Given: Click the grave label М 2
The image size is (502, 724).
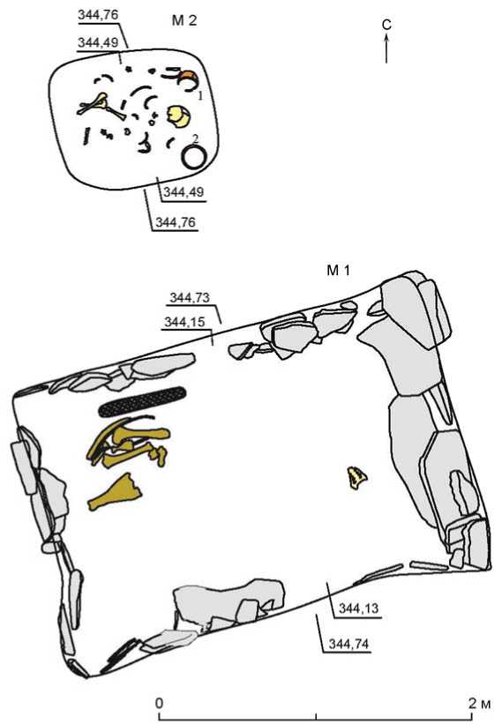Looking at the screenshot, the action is point(184,21).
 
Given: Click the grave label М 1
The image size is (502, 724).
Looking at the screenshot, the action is point(339,270).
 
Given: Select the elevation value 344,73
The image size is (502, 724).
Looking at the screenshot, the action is point(190,298).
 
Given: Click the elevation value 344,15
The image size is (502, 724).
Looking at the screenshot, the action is point(184,322).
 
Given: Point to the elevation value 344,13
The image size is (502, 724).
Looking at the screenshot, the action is point(359,608).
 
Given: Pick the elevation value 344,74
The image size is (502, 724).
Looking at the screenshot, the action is point(349,644).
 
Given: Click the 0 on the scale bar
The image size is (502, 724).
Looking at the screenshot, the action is point(160,703).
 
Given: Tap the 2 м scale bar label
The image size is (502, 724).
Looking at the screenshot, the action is point(479,703).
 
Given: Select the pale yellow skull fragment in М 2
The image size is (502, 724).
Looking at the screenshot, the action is point(178,116).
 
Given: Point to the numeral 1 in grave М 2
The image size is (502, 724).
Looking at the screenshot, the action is point(200,96).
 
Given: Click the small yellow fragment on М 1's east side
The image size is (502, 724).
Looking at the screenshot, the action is point(357,477).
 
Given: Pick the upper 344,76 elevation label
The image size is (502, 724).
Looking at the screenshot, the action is point(98,15).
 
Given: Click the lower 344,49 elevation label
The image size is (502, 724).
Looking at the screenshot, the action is point(184,191).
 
